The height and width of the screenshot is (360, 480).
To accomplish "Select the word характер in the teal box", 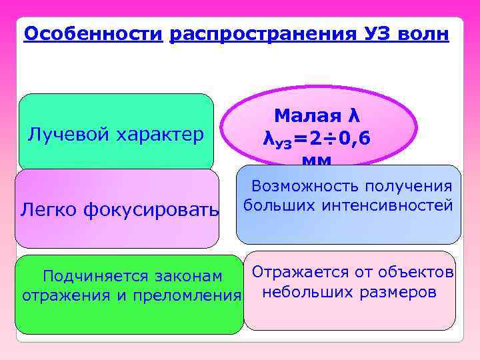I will coord(160,135).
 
